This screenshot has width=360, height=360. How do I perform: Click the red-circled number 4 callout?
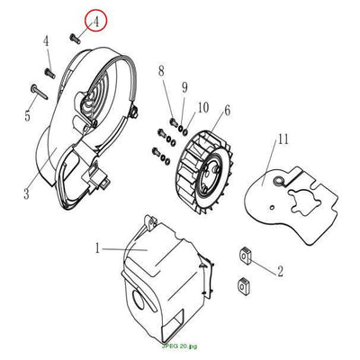[x=95, y=21]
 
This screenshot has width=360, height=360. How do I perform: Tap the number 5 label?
[x=28, y=115]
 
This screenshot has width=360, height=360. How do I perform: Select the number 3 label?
[x=26, y=193]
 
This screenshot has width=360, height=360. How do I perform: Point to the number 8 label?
[x=162, y=72]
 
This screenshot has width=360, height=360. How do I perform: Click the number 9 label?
[x=184, y=87]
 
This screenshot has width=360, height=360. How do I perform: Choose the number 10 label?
[x=203, y=107]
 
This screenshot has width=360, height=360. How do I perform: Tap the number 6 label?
[x=227, y=111]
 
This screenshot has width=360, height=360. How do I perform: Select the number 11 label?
[x=283, y=139]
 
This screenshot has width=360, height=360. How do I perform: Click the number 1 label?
[x=97, y=248]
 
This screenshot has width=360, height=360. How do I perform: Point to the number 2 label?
[x=280, y=271]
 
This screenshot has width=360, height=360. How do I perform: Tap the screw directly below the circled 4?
[x=76, y=39]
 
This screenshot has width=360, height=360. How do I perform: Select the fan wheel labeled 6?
[x=202, y=172]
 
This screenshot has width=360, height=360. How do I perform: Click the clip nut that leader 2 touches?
[x=246, y=256]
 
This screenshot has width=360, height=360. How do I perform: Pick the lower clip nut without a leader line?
[x=244, y=285]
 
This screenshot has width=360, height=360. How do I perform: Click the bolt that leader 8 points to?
[x=174, y=122]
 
